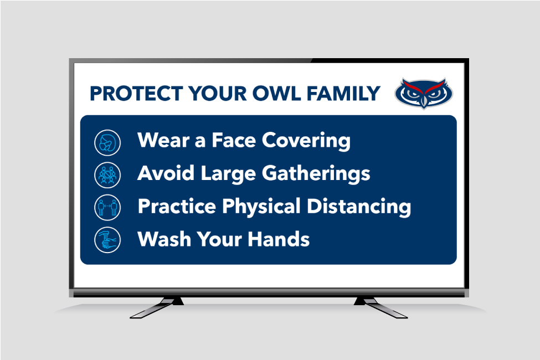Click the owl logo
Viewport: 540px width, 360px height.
click(x=424, y=92)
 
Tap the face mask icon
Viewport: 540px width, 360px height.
click(x=107, y=143)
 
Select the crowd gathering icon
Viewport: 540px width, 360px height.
click(x=107, y=175)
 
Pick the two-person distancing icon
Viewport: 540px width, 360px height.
click(x=107, y=207)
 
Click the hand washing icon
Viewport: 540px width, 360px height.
click(x=107, y=240)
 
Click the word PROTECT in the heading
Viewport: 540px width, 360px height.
click(x=136, y=94)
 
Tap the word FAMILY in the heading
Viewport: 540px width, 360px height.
click(x=343, y=94)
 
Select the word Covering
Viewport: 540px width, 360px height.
click(x=306, y=141)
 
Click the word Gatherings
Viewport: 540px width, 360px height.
click(x=316, y=173)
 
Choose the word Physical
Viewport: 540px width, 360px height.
click(x=261, y=207)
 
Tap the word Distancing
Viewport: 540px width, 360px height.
click(x=359, y=207)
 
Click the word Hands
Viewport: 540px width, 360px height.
click(x=279, y=239)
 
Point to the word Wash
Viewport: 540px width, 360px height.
click(x=164, y=239)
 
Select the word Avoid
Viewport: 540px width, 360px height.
click(x=166, y=173)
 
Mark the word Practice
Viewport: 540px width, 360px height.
click(x=177, y=206)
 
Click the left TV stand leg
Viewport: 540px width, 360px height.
click(x=157, y=307)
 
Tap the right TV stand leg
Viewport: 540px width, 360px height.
click(x=381, y=307)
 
